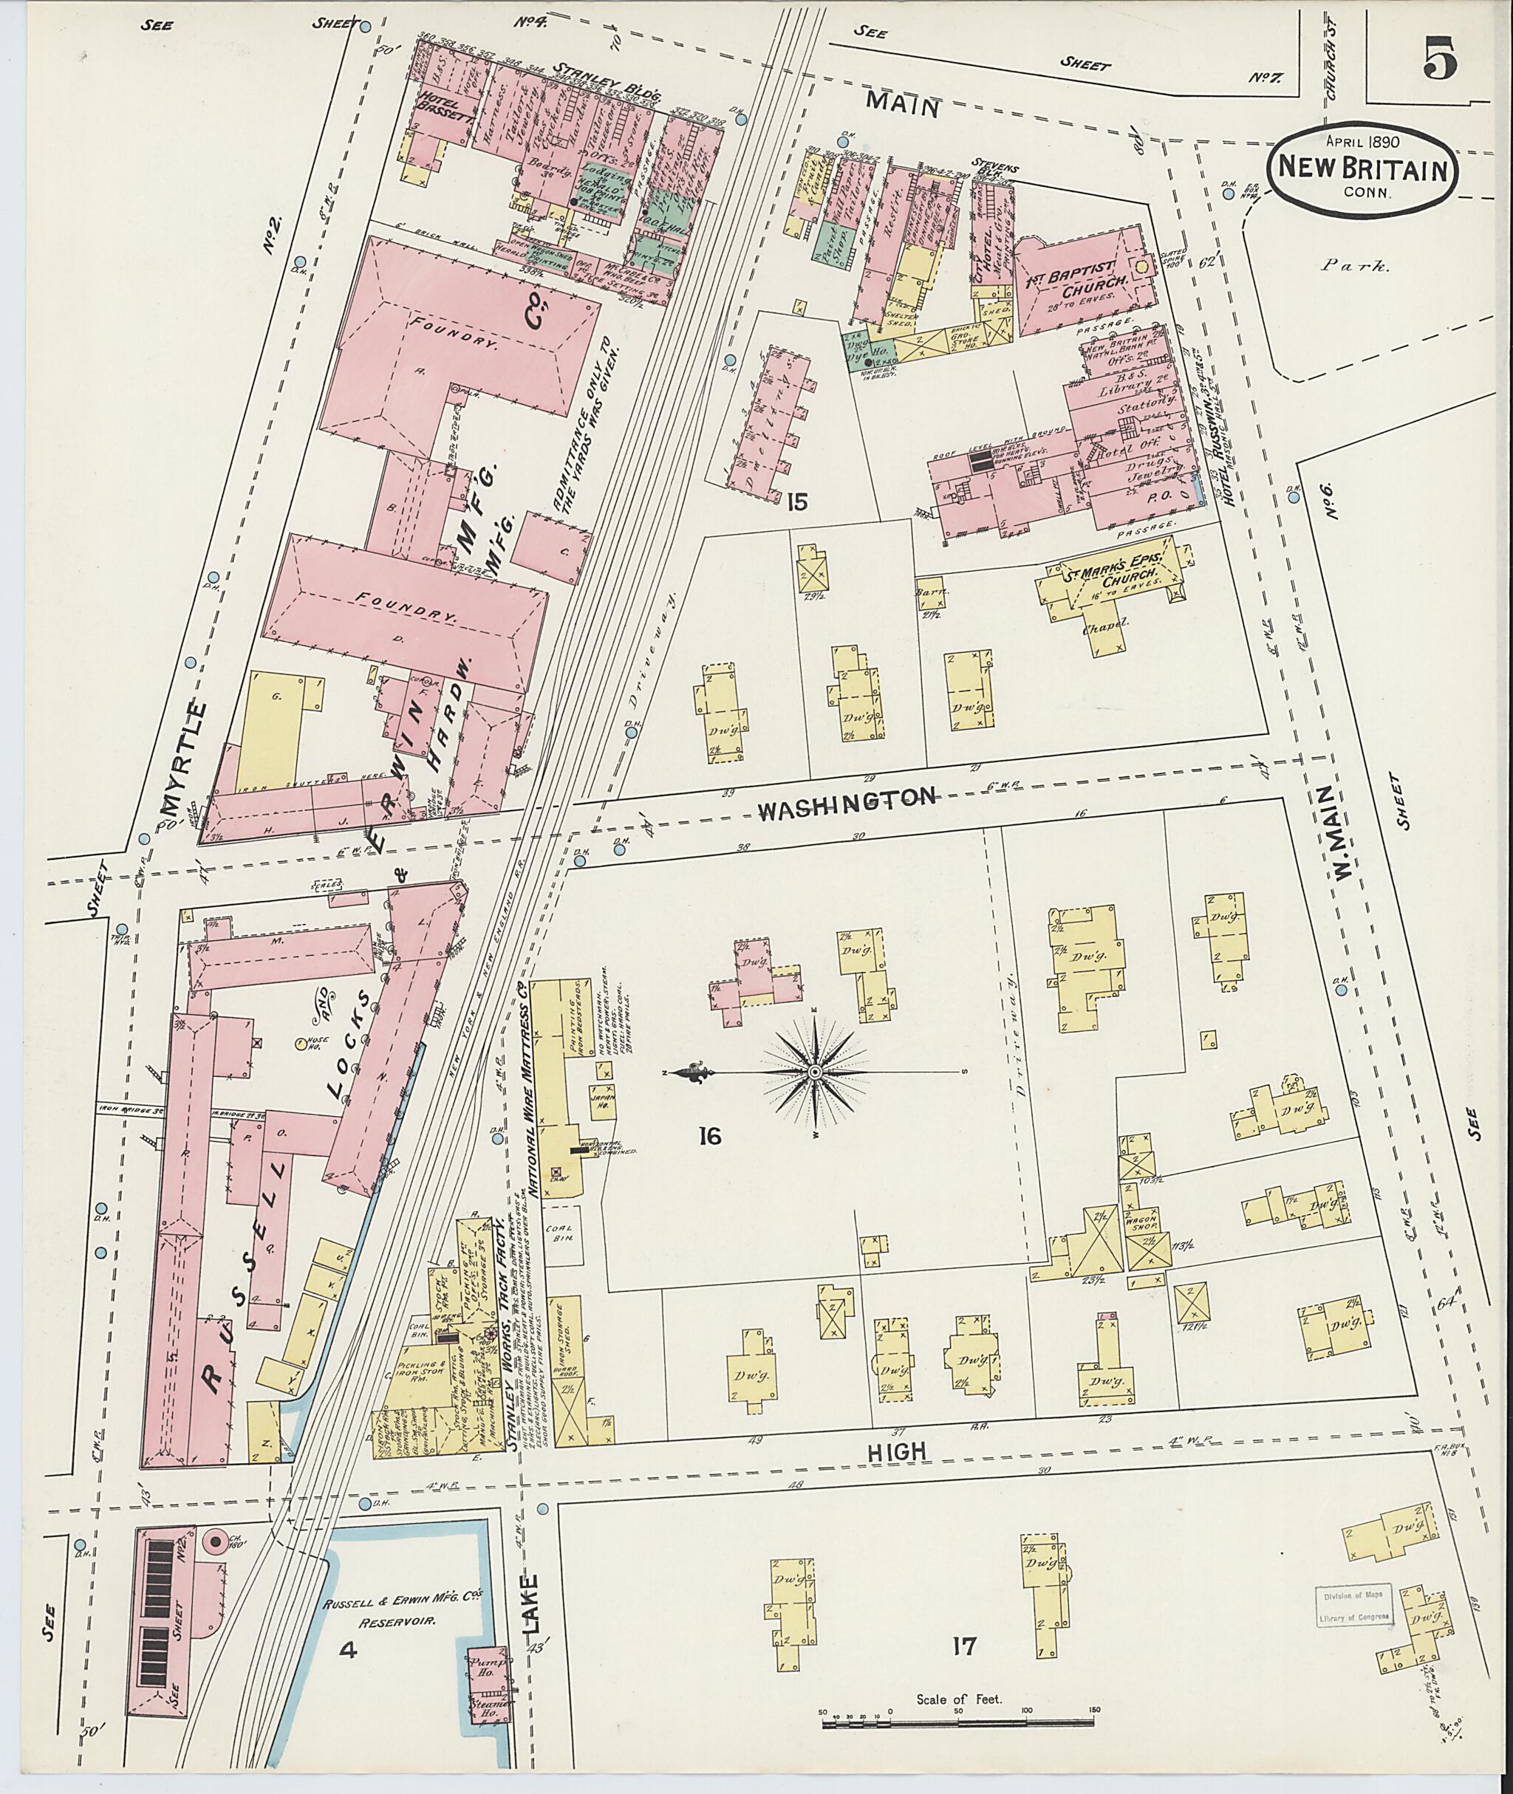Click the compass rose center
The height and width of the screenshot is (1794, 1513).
tap(814, 1072)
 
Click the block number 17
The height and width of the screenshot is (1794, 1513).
tap(965, 1645)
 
